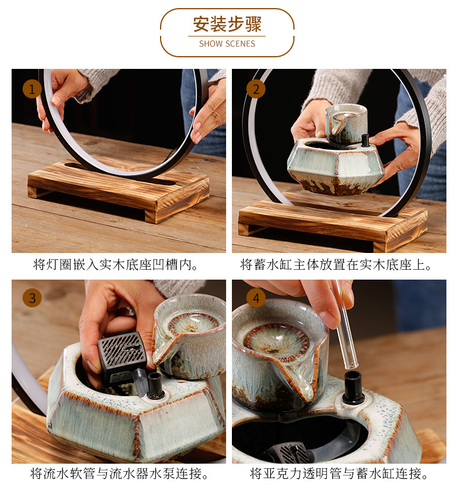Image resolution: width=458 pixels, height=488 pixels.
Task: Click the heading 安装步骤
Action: [x=227, y=24]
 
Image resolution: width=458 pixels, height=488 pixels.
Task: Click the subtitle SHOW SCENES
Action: [x=227, y=44]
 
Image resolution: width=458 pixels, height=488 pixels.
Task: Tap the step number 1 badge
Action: [x=32, y=89]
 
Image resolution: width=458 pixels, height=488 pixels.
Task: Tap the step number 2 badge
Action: [x=256, y=89]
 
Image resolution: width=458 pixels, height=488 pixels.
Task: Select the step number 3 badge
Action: [x=32, y=298]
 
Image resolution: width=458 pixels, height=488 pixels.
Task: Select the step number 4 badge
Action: [x=256, y=298]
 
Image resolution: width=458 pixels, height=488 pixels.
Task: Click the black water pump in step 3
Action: [x=122, y=358]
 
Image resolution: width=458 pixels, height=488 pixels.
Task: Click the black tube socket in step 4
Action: [x=353, y=387]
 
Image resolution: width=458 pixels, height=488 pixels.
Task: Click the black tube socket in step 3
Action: [x=155, y=386]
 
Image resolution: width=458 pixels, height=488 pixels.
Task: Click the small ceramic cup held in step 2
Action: [x=346, y=123]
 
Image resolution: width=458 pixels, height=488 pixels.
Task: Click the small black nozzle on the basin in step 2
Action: [x=365, y=140]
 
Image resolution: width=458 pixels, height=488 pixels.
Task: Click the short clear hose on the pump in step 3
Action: [x=139, y=379]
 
